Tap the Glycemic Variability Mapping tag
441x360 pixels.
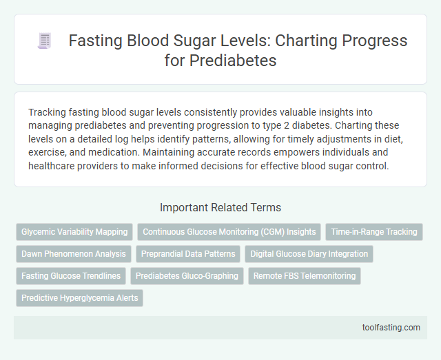click(x=74, y=232)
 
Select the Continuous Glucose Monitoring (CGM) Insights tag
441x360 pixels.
click(x=229, y=232)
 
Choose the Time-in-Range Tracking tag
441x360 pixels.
click(x=373, y=232)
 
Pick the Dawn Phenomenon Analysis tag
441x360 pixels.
click(x=74, y=254)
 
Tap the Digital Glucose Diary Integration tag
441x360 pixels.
click(x=309, y=254)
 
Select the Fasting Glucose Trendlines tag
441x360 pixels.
click(x=71, y=276)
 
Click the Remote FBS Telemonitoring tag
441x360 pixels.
click(x=304, y=276)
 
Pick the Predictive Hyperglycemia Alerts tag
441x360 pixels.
click(x=79, y=298)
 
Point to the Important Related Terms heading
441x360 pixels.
click(x=220, y=207)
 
